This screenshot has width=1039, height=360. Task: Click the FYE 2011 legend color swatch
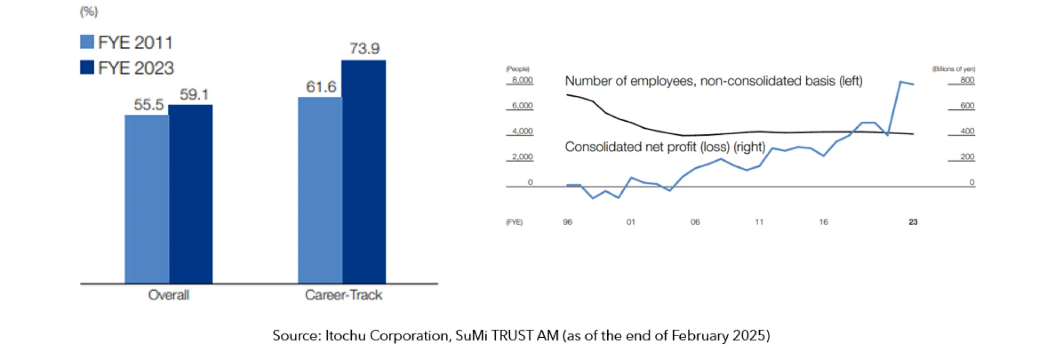coord(87,42)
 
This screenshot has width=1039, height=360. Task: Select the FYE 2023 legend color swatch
coord(87,67)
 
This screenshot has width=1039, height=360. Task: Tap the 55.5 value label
coord(148,104)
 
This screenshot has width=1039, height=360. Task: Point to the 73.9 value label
coord(364,49)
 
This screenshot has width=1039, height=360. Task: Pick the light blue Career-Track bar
coord(320,190)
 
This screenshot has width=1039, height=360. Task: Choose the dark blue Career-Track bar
coord(364,172)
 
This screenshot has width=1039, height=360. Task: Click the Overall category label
coord(169,295)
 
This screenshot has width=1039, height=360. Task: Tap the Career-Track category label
coord(344,295)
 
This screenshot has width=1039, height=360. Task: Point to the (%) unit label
coord(89,11)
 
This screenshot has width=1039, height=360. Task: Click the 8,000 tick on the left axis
coord(522,80)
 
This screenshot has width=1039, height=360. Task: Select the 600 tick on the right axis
coord(967,106)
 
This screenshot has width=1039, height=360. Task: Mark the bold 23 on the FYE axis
coord(913,222)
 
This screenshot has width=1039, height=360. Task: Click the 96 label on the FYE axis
coord(567,222)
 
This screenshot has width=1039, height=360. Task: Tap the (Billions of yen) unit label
coord(953,69)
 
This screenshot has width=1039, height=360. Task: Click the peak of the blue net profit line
coord(901,82)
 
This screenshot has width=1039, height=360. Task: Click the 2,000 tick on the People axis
coord(522,157)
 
